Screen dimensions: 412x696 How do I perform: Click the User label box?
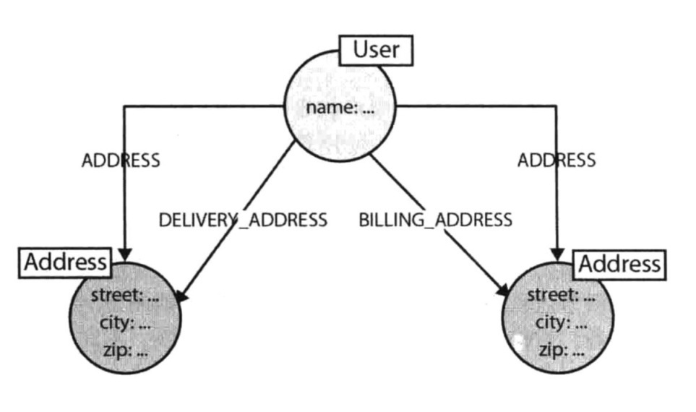[x=377, y=50]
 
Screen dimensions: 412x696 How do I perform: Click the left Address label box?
[x=65, y=262]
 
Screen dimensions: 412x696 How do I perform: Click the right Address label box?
[x=619, y=264]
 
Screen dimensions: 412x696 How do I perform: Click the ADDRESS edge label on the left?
[x=121, y=160]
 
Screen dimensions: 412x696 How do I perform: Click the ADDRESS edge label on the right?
[x=556, y=160]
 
